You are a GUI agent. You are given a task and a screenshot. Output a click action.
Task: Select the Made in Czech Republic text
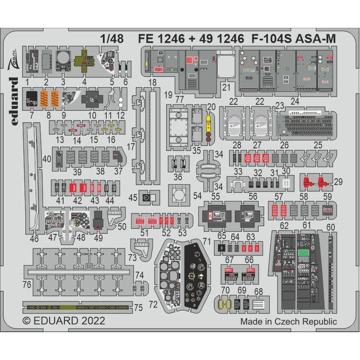[288, 321]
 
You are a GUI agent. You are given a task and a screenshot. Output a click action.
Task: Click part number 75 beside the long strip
[138, 307]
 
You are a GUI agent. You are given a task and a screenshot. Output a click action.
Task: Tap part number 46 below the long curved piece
[34, 238]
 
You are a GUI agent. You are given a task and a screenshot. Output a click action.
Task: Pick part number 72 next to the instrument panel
[153, 305]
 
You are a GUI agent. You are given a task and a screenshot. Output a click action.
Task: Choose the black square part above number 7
[32, 98]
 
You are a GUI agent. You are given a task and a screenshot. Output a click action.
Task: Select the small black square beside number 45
[146, 197]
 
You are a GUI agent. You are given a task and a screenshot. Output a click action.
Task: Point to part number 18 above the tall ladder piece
[153, 82]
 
